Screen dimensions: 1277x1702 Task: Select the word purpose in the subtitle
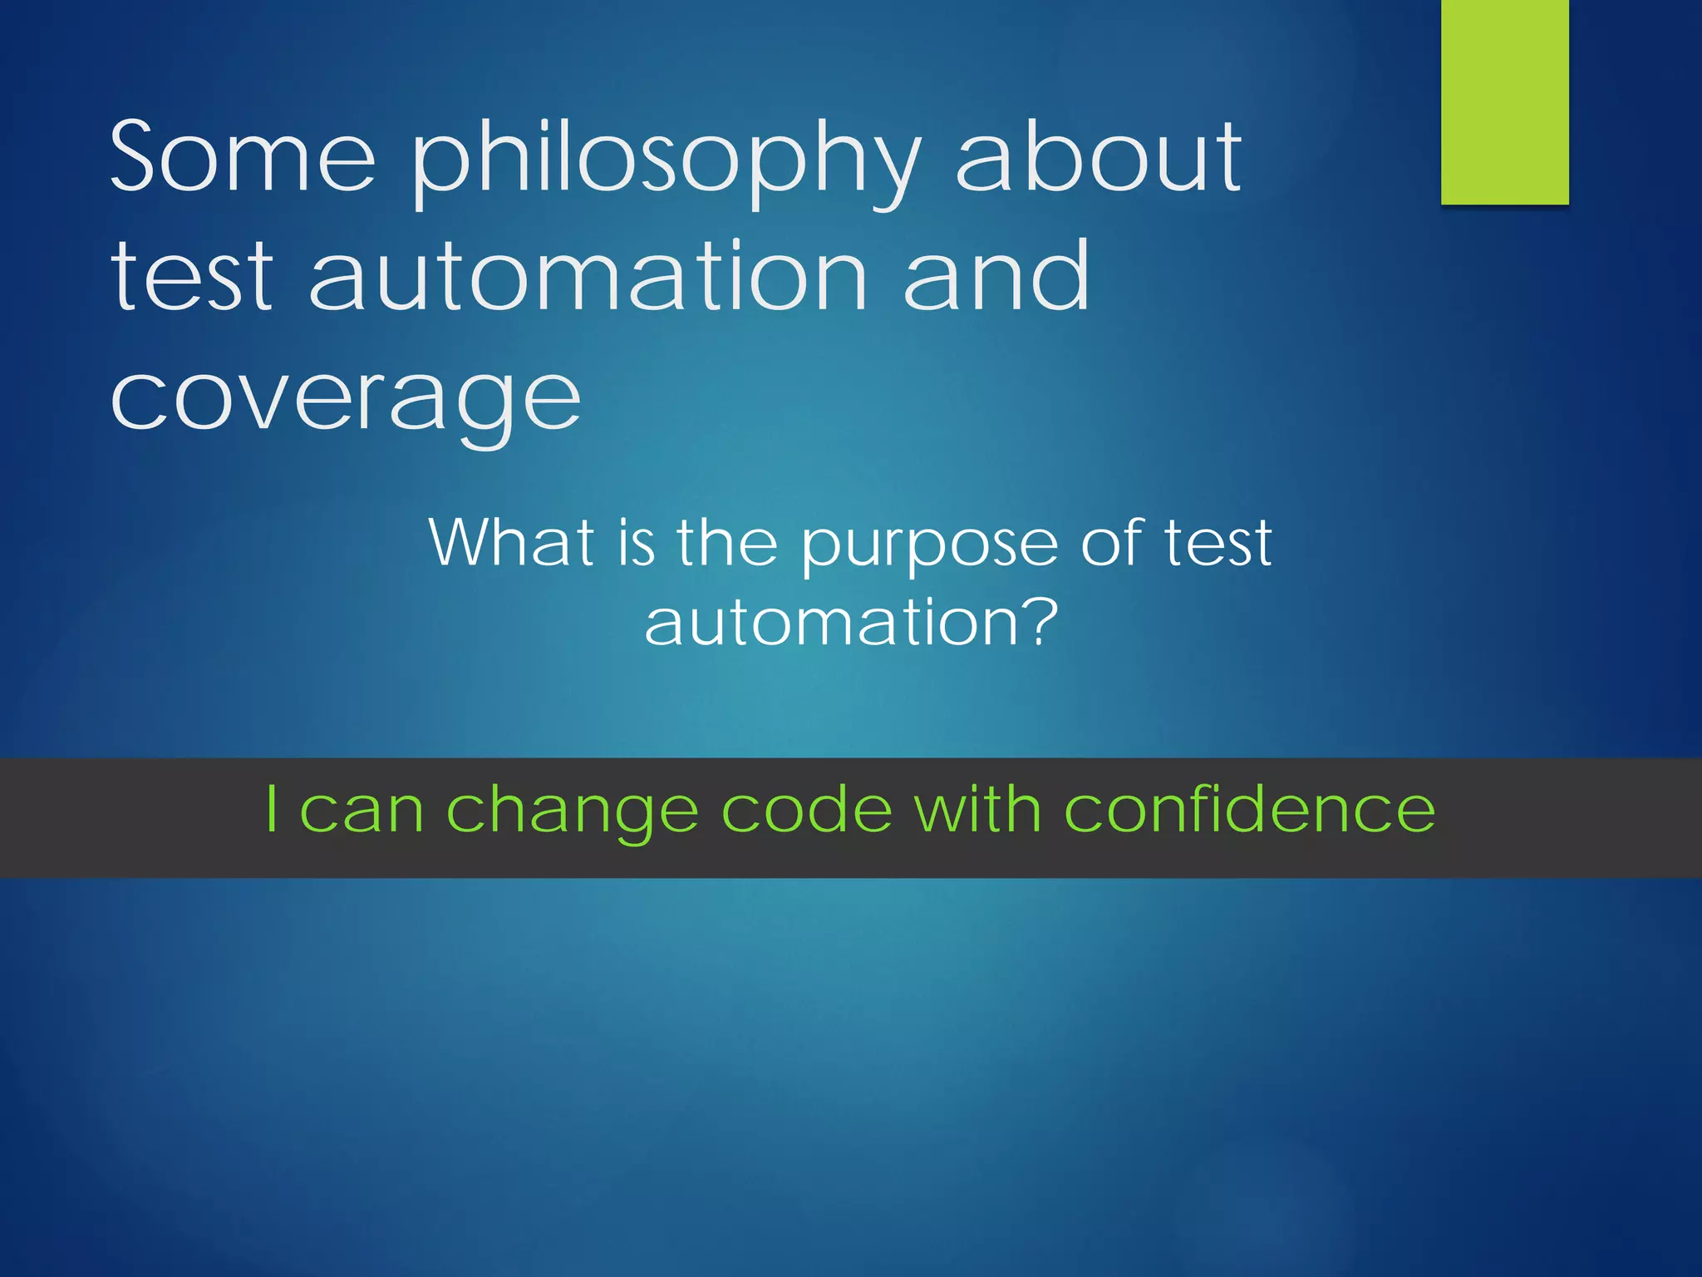929,545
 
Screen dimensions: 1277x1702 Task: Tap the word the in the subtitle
726,542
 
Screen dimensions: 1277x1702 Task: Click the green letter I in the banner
271,809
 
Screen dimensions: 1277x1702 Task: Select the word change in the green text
572,811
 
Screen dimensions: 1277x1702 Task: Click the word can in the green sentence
362,811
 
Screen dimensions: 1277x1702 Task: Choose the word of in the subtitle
1112,542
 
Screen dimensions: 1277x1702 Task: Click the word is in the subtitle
637,542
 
